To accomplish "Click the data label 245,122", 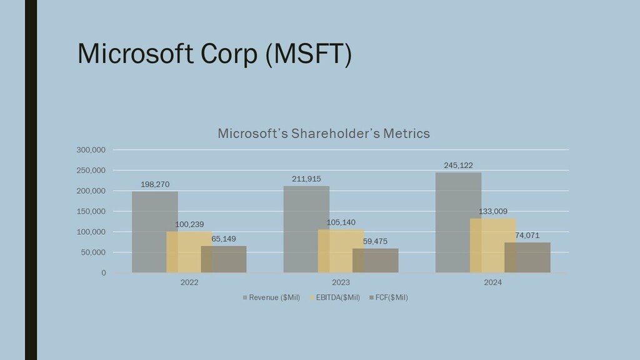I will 458,166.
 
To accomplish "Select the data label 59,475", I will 375,241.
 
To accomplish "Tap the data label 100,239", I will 189,224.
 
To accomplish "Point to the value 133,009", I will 493,211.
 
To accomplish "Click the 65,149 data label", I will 224,239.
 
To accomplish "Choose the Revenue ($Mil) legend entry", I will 271,297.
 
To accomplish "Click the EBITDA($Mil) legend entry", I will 337,297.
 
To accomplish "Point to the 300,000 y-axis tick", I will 91,150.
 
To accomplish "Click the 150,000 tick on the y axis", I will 91,211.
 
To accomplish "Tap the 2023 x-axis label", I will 341,282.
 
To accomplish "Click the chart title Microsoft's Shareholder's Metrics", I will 324,133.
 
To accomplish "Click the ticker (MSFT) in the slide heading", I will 309,54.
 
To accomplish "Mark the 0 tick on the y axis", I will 103,273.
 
